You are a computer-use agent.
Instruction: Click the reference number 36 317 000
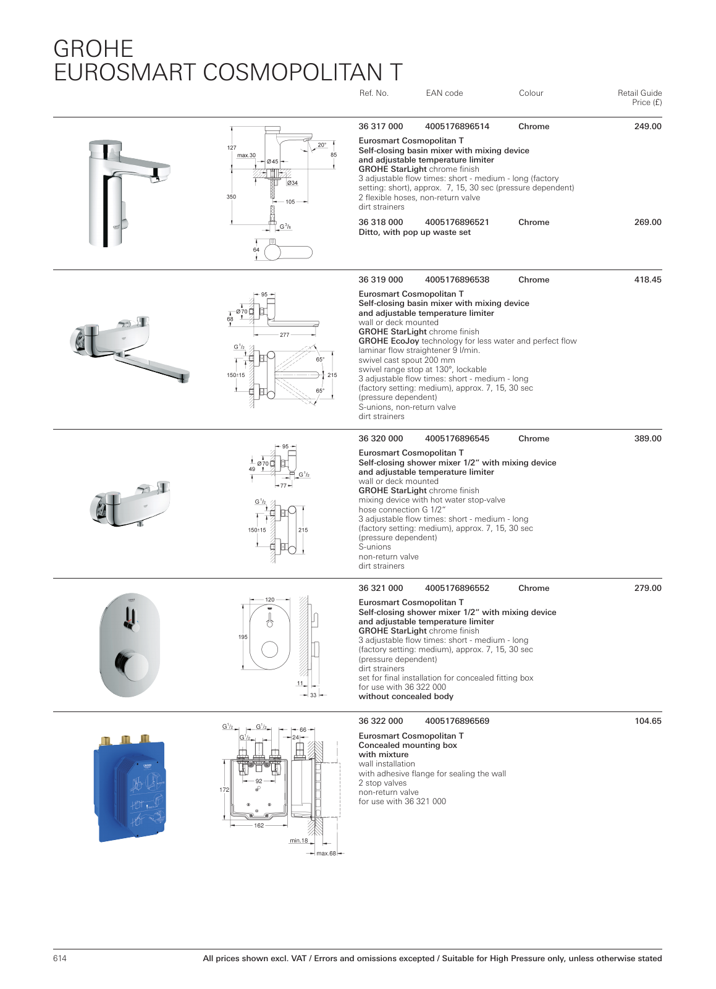381,127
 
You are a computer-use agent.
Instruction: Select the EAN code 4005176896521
457,223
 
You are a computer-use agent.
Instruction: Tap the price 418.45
647,280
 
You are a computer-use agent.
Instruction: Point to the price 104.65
647,721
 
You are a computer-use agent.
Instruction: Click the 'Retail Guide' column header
639,93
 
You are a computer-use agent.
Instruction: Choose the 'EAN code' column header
444,93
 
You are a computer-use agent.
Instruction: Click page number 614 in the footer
60,959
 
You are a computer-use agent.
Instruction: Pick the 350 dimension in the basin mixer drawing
231,197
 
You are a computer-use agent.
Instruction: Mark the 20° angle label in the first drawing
322,145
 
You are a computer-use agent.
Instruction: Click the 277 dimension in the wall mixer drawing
284,335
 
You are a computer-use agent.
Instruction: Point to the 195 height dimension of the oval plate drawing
243,637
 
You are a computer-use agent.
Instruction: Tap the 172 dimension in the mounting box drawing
224,790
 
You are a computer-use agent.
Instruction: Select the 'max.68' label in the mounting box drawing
326,854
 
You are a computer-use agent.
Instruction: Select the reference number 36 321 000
381,588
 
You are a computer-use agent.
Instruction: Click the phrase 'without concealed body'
406,697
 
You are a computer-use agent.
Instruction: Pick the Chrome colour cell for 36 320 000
534,439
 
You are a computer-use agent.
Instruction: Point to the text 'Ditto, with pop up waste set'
415,232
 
